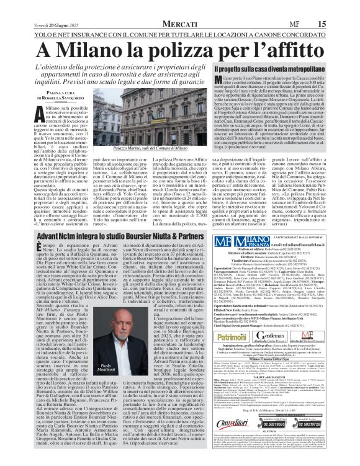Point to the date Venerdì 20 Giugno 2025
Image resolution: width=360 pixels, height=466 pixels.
point(34,6)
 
